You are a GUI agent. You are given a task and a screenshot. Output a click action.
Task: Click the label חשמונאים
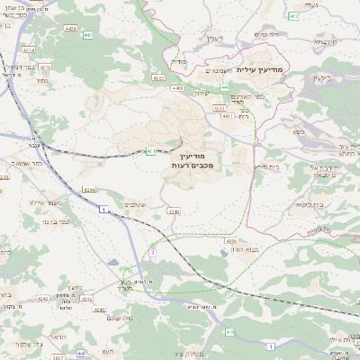click(x=220, y=70)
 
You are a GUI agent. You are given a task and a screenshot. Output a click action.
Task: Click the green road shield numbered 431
click(x=150, y=151)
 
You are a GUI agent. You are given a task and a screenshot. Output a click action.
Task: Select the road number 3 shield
click(x=153, y=253)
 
